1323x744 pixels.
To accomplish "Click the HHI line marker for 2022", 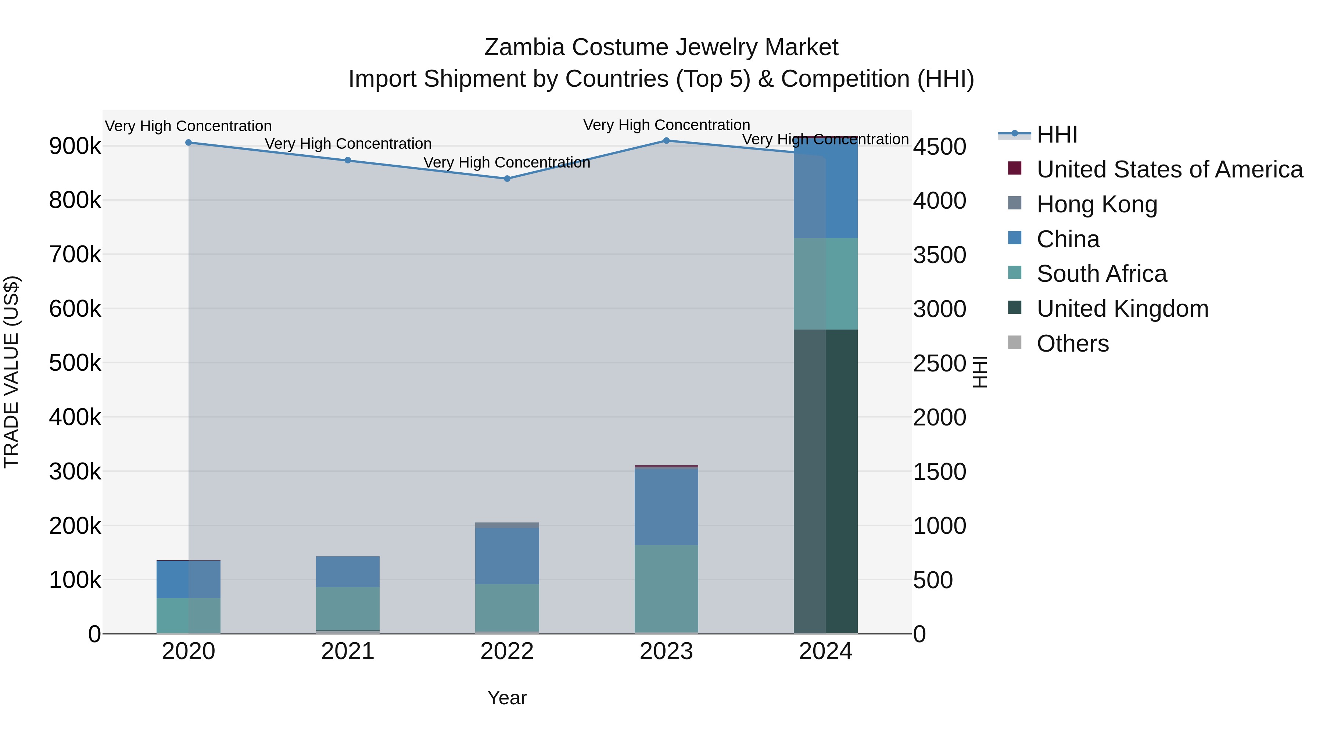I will point(507,179).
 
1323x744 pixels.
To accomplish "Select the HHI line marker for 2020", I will point(189,143).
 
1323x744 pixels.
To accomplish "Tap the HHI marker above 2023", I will point(666,141).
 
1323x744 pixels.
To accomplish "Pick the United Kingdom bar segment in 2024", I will point(825,481).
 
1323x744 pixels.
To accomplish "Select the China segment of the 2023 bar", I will point(666,506).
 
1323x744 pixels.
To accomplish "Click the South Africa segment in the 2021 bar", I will point(348,608).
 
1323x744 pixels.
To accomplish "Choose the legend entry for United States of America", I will point(1169,169).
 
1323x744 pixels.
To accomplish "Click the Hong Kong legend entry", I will point(1097,204).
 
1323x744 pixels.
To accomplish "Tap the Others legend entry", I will point(1072,344).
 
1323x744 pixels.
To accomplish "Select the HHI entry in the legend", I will point(1057,134).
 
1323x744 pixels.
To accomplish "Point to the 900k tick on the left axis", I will point(75,146).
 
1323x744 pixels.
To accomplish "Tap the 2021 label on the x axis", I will point(348,651).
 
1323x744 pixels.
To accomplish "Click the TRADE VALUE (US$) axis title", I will point(11,372).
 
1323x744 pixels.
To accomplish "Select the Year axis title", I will point(507,698).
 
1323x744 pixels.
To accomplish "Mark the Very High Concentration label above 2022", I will point(507,162).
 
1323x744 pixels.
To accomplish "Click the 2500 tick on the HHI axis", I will point(939,363).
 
